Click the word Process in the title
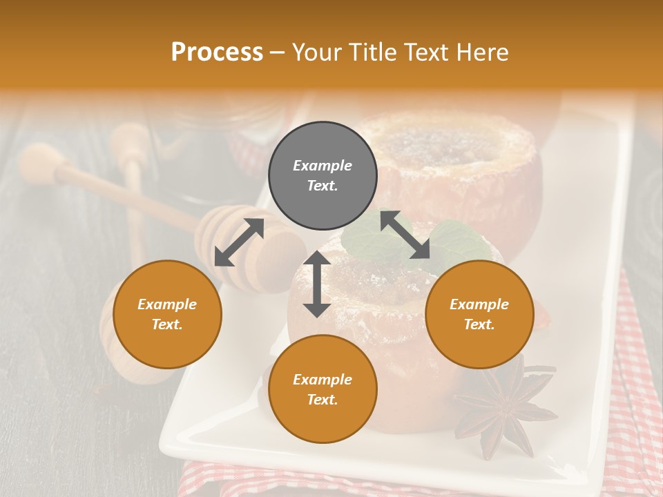[217, 52]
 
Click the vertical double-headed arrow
[317, 284]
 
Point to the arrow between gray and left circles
[239, 242]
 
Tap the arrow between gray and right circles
[405, 235]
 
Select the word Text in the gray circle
[322, 186]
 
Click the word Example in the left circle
[167, 304]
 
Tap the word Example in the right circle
[479, 304]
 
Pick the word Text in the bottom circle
[322, 400]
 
